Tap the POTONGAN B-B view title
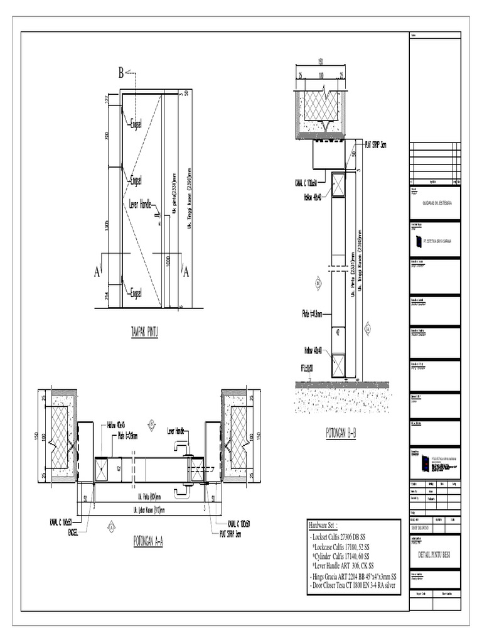(341, 433)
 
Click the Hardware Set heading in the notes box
(332, 526)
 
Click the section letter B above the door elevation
(122, 73)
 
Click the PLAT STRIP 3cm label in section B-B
(375, 144)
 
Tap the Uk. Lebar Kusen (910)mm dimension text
(146, 510)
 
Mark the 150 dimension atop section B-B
(320, 62)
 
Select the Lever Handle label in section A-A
(175, 431)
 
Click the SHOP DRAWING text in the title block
(421, 529)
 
